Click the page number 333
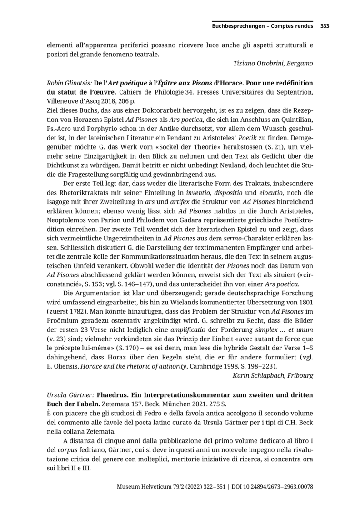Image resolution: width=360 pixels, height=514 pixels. [x=325, y=26]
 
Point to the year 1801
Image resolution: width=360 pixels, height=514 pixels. [x=304, y=302]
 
